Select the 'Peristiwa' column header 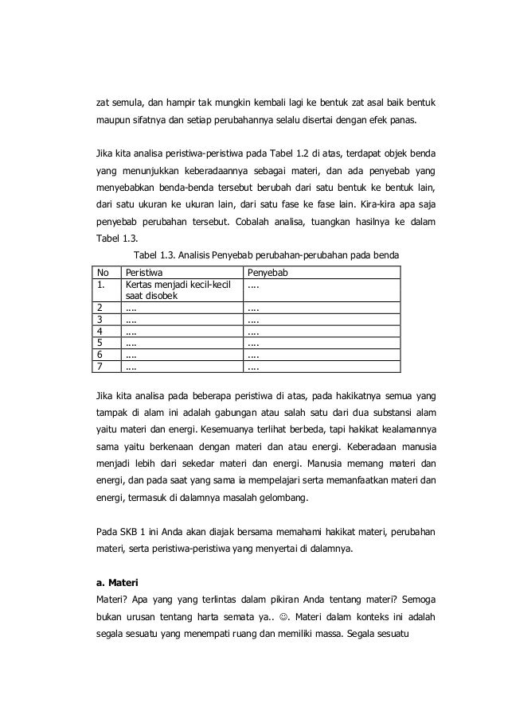pyautogui.click(x=145, y=273)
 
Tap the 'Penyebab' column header pyautogui.click(x=268, y=273)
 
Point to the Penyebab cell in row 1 pyautogui.click(x=252, y=284)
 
